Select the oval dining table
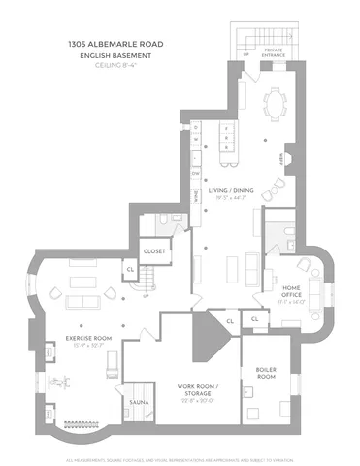click(278, 100)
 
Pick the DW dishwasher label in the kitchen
click(195, 173)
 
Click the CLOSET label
click(154, 250)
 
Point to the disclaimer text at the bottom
click(180, 458)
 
